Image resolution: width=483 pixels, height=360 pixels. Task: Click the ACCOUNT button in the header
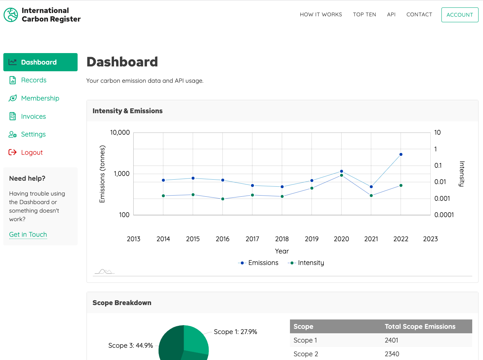[460, 15]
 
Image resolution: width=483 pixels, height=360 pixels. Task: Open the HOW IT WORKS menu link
[321, 14]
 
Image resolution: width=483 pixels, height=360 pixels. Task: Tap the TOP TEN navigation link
[364, 14]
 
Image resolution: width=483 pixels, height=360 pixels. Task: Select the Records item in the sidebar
[33, 80]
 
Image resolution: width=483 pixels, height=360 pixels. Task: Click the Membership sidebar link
[40, 98]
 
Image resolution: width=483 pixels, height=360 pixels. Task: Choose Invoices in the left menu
[33, 117]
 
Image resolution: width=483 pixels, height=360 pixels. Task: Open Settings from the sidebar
[33, 134]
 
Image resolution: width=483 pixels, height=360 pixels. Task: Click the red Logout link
[32, 153]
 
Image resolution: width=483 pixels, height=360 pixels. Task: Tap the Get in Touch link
[28, 235]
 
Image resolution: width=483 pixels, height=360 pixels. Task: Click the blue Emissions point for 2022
[401, 154]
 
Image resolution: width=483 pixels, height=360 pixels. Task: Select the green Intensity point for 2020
[342, 175]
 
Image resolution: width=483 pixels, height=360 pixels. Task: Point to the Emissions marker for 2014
[163, 180]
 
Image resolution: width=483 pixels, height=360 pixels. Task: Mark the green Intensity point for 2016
[223, 199]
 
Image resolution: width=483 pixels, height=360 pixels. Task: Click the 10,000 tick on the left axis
[120, 132]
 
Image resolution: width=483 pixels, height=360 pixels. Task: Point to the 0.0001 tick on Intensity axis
[444, 215]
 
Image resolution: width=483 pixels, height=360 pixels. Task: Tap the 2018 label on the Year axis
[282, 239]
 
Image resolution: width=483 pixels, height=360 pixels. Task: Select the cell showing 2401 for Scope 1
[391, 340]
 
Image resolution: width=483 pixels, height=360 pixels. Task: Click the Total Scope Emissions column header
[420, 327]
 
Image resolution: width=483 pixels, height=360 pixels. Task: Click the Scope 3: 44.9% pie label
[130, 346]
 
